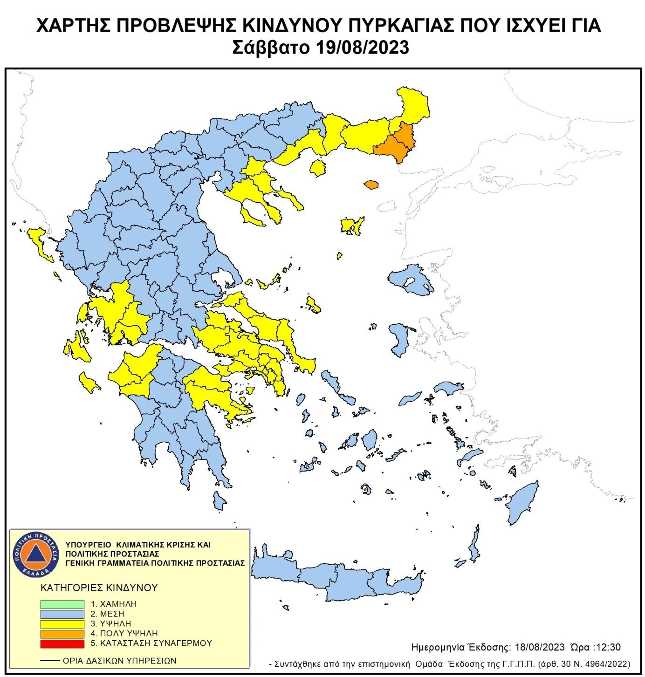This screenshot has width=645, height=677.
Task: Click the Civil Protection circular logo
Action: point(35,553)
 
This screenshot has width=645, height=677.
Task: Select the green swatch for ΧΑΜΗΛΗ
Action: point(62,604)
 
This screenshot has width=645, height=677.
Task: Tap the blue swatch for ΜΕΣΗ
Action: point(62,614)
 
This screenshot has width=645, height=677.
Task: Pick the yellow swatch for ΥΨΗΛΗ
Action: point(62,623)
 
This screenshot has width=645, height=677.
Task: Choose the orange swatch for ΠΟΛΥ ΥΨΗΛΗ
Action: point(62,634)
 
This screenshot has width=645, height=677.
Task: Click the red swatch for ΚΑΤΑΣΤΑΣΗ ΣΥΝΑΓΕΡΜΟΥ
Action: point(62,643)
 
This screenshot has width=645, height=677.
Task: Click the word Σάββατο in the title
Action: point(271,48)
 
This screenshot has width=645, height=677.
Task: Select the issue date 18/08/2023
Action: point(540,647)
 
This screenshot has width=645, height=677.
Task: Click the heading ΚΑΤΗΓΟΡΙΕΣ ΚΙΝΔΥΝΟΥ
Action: point(99,588)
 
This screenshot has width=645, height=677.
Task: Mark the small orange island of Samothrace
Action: point(371,185)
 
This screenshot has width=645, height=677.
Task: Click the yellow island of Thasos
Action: point(318,168)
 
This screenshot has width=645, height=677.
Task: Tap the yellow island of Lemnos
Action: point(351,226)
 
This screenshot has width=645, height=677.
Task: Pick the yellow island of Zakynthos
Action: point(88,382)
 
